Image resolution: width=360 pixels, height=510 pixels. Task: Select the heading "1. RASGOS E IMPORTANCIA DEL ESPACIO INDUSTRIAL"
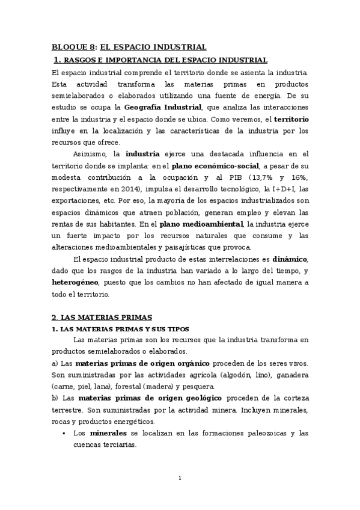(x=160, y=60)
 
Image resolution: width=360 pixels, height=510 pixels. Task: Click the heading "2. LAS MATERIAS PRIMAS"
(x=102, y=317)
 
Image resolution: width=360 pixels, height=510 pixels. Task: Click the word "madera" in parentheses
(x=172, y=386)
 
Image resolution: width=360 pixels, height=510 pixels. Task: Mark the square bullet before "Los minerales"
(x=64, y=433)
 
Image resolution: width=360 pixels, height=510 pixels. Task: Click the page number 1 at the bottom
(x=180, y=478)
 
